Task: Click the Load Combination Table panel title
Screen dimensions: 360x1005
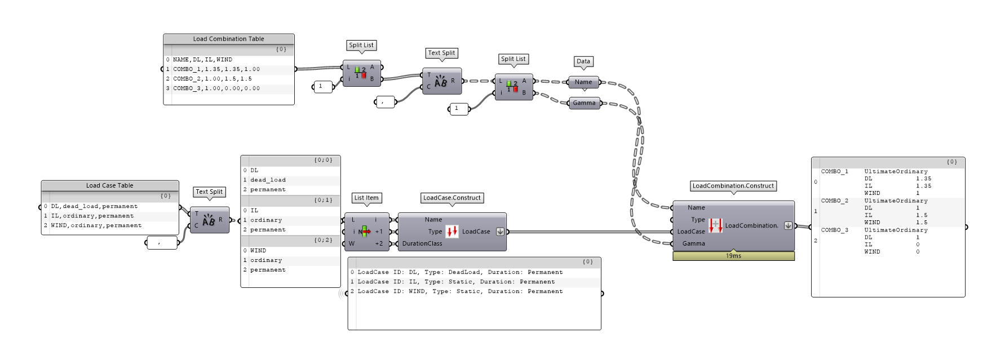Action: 228,39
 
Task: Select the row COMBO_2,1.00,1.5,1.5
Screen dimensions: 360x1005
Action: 212,79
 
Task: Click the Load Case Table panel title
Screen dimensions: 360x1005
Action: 109,185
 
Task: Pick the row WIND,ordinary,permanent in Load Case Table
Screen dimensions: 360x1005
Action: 96,225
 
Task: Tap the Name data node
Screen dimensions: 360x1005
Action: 583,82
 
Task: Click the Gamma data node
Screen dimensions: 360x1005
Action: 584,103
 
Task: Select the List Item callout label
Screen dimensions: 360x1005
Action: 366,198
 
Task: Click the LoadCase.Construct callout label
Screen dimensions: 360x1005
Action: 452,198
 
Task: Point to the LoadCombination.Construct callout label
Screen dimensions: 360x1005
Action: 733,186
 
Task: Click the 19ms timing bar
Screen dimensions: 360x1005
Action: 733,256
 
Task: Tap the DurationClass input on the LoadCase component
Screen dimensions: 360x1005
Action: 422,243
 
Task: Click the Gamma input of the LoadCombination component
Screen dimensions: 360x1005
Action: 693,243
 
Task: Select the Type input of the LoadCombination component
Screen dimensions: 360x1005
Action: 698,220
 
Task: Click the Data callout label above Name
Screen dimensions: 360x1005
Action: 583,61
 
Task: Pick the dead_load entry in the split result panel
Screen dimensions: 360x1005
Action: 268,180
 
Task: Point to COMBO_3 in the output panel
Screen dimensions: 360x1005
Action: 834,230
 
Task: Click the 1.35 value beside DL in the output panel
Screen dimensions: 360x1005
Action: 923,179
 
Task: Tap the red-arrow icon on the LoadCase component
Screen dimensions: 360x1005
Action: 452,232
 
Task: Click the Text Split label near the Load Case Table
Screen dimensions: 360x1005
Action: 209,192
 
